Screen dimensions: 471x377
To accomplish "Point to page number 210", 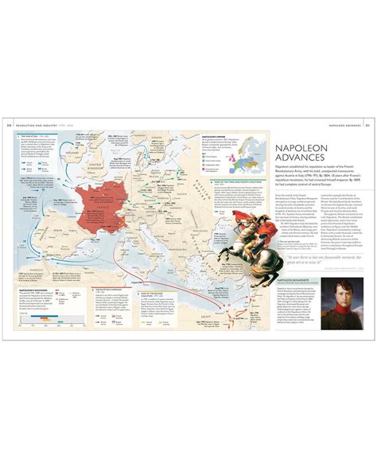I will click(x=9, y=125).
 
